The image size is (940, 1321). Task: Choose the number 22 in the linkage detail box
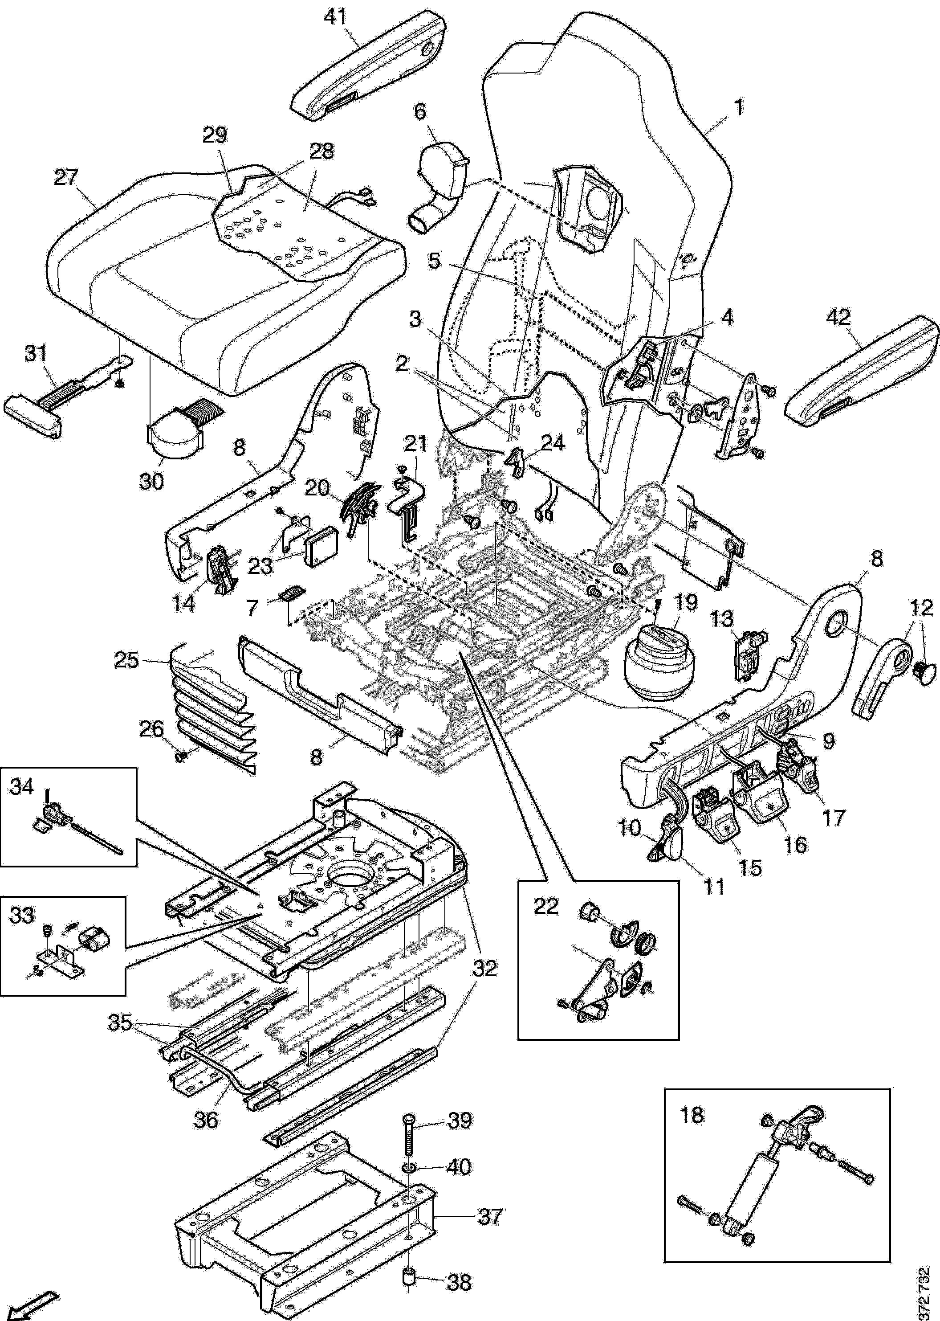[x=546, y=906]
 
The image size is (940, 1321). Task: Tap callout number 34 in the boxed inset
[x=22, y=788]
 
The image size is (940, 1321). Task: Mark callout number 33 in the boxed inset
[x=22, y=916]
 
